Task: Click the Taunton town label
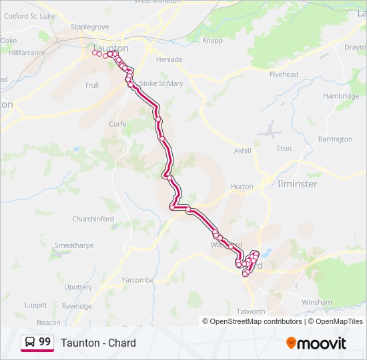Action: pos(110,48)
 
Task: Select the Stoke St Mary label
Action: pos(161,83)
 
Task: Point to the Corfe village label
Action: pos(117,124)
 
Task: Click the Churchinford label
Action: pos(93,219)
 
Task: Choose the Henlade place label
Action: pos(169,59)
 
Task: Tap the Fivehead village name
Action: pos(284,75)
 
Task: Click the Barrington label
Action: pos(335,139)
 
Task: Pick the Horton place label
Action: pos(242,187)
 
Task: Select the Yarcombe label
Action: pos(137,280)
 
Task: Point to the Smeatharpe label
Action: pos(74,245)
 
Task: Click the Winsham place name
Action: pos(316,302)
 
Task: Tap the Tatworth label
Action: pos(251,311)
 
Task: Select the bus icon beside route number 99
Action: pos(30,343)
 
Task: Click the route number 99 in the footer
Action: pos(45,342)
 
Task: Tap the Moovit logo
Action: pos(316,343)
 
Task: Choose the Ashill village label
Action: pos(242,151)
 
